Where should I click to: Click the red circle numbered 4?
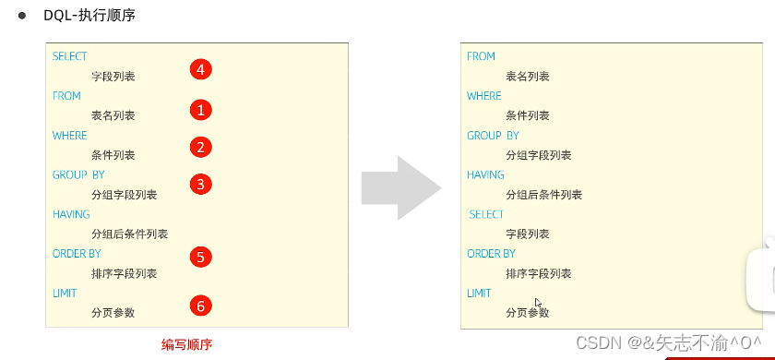[201, 69]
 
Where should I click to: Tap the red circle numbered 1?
[201, 110]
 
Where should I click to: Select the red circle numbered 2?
[201, 147]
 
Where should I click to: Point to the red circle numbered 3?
[201, 184]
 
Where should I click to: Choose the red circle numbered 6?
[201, 305]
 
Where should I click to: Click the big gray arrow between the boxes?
[401, 187]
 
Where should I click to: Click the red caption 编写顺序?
[187, 344]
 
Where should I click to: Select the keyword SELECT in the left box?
[70, 56]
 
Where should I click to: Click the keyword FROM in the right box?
[482, 56]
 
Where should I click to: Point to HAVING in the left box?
[71, 214]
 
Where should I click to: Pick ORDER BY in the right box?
[491, 254]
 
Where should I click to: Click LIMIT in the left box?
[65, 293]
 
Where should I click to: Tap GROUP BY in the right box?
[493, 136]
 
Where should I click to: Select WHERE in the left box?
[69, 136]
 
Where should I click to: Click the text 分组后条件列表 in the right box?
[544, 195]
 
